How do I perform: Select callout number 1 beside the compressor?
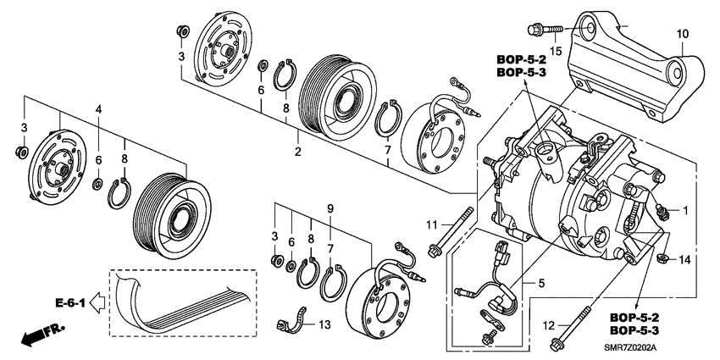[685, 210]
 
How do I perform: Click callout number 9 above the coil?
[331, 208]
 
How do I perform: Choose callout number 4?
[98, 110]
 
